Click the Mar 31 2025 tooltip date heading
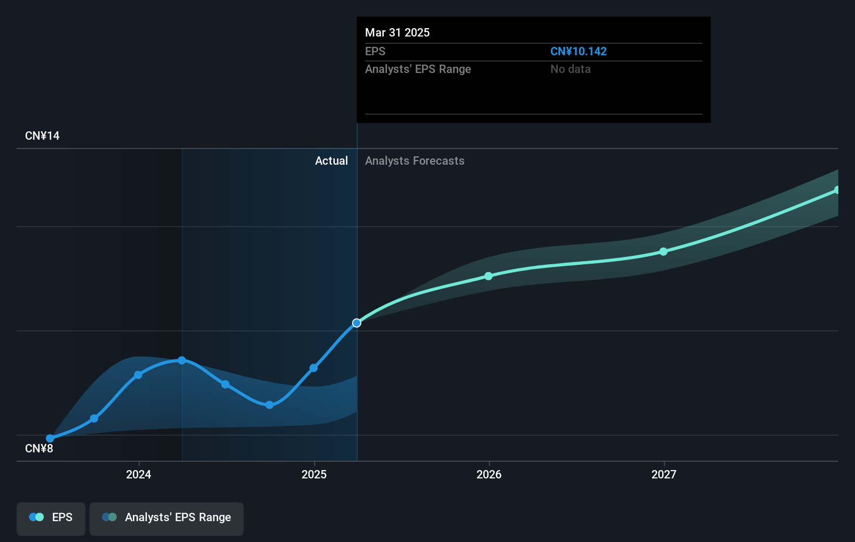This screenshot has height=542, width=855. [397, 32]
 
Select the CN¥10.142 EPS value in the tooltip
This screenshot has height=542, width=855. [578, 51]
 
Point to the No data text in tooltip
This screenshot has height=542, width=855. [570, 69]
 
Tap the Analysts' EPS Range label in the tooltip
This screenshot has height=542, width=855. [418, 69]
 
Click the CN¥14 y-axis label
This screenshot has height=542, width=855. [42, 135]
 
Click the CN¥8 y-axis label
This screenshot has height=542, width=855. [39, 448]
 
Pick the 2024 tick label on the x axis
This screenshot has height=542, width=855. [139, 474]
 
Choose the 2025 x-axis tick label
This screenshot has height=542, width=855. [314, 474]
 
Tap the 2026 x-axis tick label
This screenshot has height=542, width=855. [489, 474]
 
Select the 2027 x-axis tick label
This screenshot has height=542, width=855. [664, 474]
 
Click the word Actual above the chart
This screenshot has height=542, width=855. [331, 161]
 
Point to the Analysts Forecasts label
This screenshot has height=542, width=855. [414, 161]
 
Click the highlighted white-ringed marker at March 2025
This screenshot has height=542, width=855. [357, 323]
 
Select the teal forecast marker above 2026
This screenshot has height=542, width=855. [488, 276]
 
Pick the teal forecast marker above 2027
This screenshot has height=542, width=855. [663, 252]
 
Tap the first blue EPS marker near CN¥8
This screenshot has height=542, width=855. [50, 438]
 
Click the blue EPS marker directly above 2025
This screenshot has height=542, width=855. [313, 368]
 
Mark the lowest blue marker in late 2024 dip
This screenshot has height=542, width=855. [269, 405]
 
